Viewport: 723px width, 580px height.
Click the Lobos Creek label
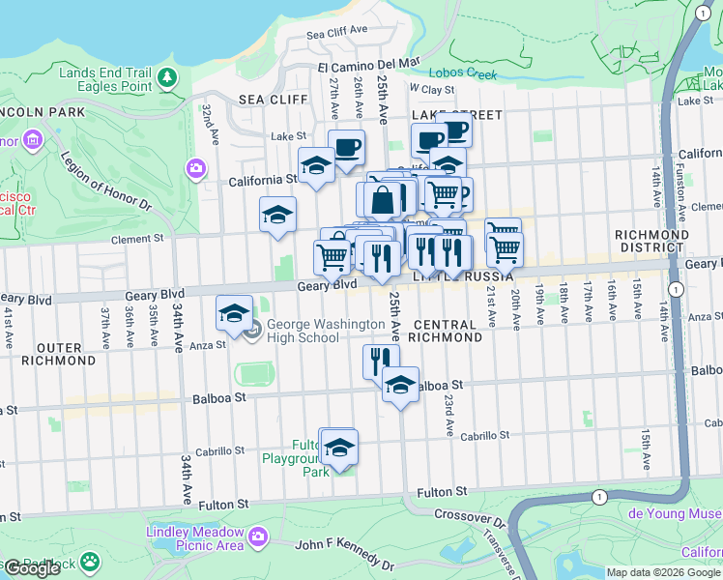pyautogui.click(x=465, y=73)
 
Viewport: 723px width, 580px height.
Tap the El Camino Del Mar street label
pyautogui.click(x=369, y=65)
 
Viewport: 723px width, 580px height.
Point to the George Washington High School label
pyautogui.click(x=304, y=332)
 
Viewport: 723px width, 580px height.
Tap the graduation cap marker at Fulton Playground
pyautogui.click(x=338, y=448)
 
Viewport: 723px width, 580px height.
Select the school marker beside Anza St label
pyautogui.click(x=234, y=313)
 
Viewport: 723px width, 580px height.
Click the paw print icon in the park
pyautogui.click(x=90, y=561)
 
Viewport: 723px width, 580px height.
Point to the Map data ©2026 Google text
pyautogui.click(x=663, y=572)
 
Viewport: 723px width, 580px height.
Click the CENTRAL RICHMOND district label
pyautogui.click(x=444, y=332)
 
